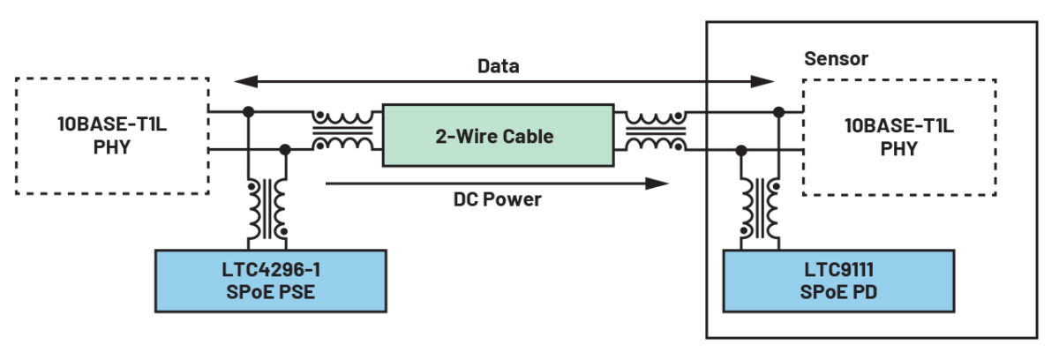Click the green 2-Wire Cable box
point(498,135)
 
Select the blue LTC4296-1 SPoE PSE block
point(270,280)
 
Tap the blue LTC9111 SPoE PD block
point(838,280)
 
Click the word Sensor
point(836,59)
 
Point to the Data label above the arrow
point(499,66)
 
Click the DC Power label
point(497,199)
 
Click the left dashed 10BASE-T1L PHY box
point(112,135)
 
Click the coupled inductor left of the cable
point(343,131)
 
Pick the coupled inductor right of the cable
point(654,131)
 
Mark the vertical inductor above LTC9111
point(760,208)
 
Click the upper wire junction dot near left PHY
point(249,112)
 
